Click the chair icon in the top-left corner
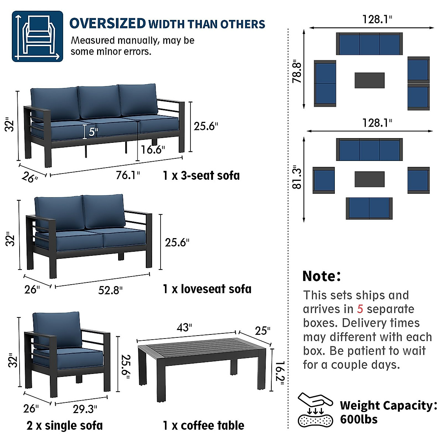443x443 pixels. pos(38,36)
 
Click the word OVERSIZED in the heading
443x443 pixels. pos(107,23)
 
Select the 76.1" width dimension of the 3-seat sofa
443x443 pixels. pos(128,175)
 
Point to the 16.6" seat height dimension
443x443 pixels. pos(152,150)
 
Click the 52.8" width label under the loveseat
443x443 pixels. pos(110,290)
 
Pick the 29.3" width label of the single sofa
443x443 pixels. pos(85,409)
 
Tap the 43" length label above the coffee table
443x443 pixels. pos(184,327)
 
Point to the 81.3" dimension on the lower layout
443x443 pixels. pos(297,178)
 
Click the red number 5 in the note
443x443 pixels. pos(360,309)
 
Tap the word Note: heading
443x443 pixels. pos(322,276)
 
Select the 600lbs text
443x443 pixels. pos(359,419)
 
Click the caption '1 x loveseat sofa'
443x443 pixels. pos(207,289)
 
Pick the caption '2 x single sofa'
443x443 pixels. pos(65,426)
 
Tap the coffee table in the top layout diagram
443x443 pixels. pos(370,80)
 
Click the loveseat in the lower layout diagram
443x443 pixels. pos(369,208)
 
